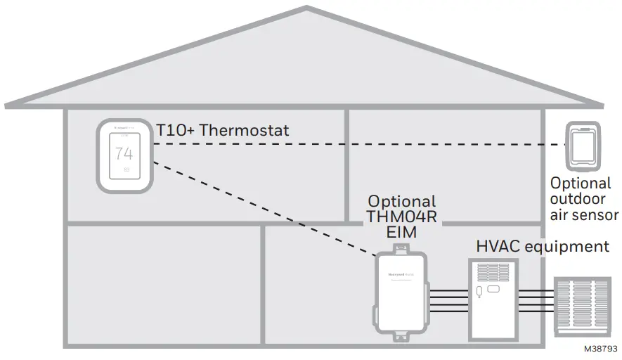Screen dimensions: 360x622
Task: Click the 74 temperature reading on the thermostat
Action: (x=124, y=153)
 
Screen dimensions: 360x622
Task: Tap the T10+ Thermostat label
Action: (x=222, y=130)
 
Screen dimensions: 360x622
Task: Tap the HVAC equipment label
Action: (x=542, y=247)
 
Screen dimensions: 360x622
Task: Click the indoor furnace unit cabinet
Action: (x=493, y=299)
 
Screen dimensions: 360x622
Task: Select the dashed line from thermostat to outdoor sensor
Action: (x=351, y=143)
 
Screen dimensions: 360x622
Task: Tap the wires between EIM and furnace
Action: (x=447, y=300)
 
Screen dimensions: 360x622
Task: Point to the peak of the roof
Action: (x=306, y=8)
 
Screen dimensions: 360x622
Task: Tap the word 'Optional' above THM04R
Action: (x=402, y=201)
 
